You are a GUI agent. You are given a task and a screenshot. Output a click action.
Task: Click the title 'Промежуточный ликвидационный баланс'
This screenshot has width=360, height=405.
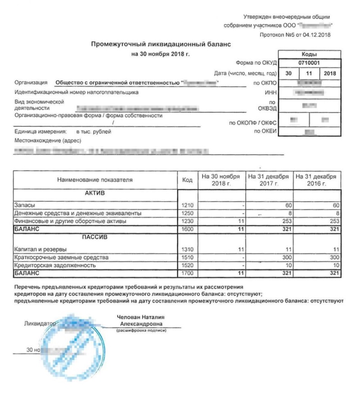click(x=161, y=45)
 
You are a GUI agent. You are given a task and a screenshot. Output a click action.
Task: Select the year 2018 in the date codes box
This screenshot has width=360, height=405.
click(x=330, y=73)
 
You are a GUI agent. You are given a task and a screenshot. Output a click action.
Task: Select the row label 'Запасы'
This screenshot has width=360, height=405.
click(x=23, y=205)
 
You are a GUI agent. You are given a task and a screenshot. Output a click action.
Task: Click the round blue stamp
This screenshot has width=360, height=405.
click(x=74, y=344)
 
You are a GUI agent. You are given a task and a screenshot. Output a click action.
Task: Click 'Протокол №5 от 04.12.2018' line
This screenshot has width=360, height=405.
click(x=295, y=35)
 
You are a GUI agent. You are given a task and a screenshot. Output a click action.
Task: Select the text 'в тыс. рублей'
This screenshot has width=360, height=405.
click(x=94, y=132)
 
